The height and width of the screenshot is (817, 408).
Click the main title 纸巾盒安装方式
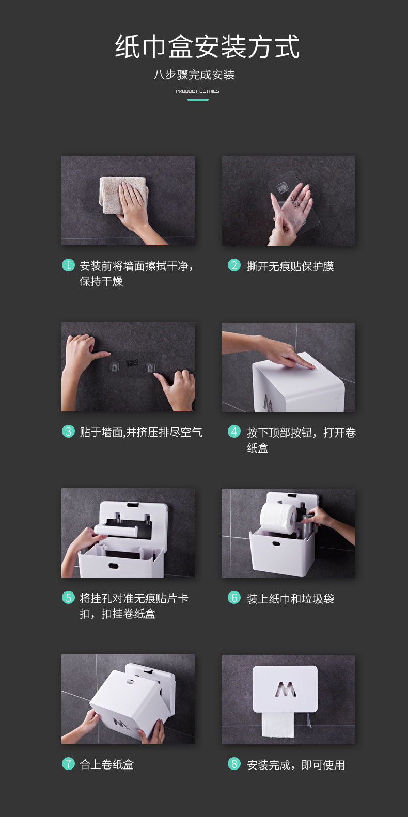pyautogui.click(x=207, y=46)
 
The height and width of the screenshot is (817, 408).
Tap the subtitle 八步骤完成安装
pyautogui.click(x=194, y=75)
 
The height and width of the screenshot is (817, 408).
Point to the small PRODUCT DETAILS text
pyautogui.click(x=197, y=91)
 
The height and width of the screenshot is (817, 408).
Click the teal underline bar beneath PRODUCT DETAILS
pyautogui.click(x=198, y=100)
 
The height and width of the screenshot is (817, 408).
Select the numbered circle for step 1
pyautogui.click(x=68, y=265)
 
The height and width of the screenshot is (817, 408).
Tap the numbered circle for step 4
pyautogui.click(x=234, y=431)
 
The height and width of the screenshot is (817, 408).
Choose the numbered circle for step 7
pyautogui.click(x=68, y=763)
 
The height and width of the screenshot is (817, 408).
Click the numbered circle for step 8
pyautogui.click(x=234, y=764)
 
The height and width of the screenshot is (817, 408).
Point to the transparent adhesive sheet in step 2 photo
pyautogui.click(x=293, y=202)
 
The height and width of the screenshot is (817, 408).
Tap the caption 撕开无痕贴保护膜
pyautogui.click(x=290, y=266)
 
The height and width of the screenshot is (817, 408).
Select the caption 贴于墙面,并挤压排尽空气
pyautogui.click(x=141, y=432)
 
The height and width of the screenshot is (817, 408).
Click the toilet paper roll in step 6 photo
pyautogui.click(x=278, y=519)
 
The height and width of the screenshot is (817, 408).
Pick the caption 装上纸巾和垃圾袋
pyautogui.click(x=290, y=599)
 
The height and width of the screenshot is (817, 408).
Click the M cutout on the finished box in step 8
pyautogui.click(x=286, y=690)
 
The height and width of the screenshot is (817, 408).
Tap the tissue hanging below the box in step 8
pyautogui.click(x=278, y=724)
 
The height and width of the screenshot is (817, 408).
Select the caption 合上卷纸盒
pyautogui.click(x=107, y=764)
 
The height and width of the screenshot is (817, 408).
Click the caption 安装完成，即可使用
pyautogui.click(x=296, y=765)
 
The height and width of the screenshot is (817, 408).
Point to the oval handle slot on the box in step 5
pyautogui.click(x=114, y=566)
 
